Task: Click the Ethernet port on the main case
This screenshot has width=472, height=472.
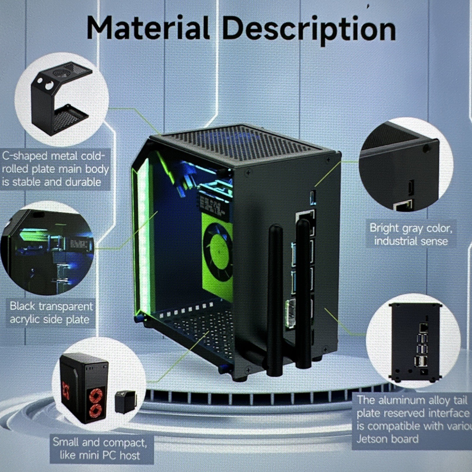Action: pyautogui.click(x=305, y=219)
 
